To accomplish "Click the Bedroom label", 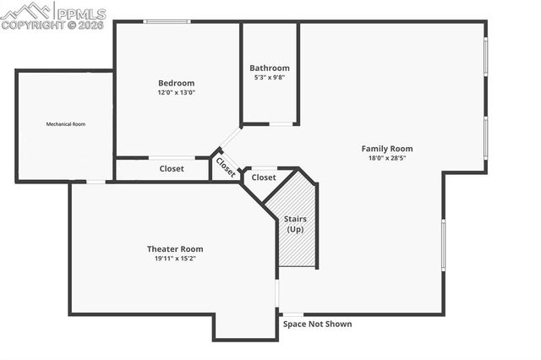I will [176, 83].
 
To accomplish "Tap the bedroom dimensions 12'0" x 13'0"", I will [176, 93].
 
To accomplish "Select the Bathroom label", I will [270, 68].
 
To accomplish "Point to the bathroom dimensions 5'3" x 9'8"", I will [270, 78].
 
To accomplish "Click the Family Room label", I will [388, 149].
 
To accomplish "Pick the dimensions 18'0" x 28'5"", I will [388, 158].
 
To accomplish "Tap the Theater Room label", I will [175, 248].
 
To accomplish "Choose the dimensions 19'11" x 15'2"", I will [175, 259].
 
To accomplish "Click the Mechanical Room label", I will [65, 124].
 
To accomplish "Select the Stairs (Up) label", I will [295, 224].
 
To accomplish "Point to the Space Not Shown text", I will [317, 324].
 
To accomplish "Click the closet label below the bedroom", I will [172, 169].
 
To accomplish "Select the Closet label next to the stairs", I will [264, 177].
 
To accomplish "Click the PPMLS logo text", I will [82, 13].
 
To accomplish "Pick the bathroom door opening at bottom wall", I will [281, 125].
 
